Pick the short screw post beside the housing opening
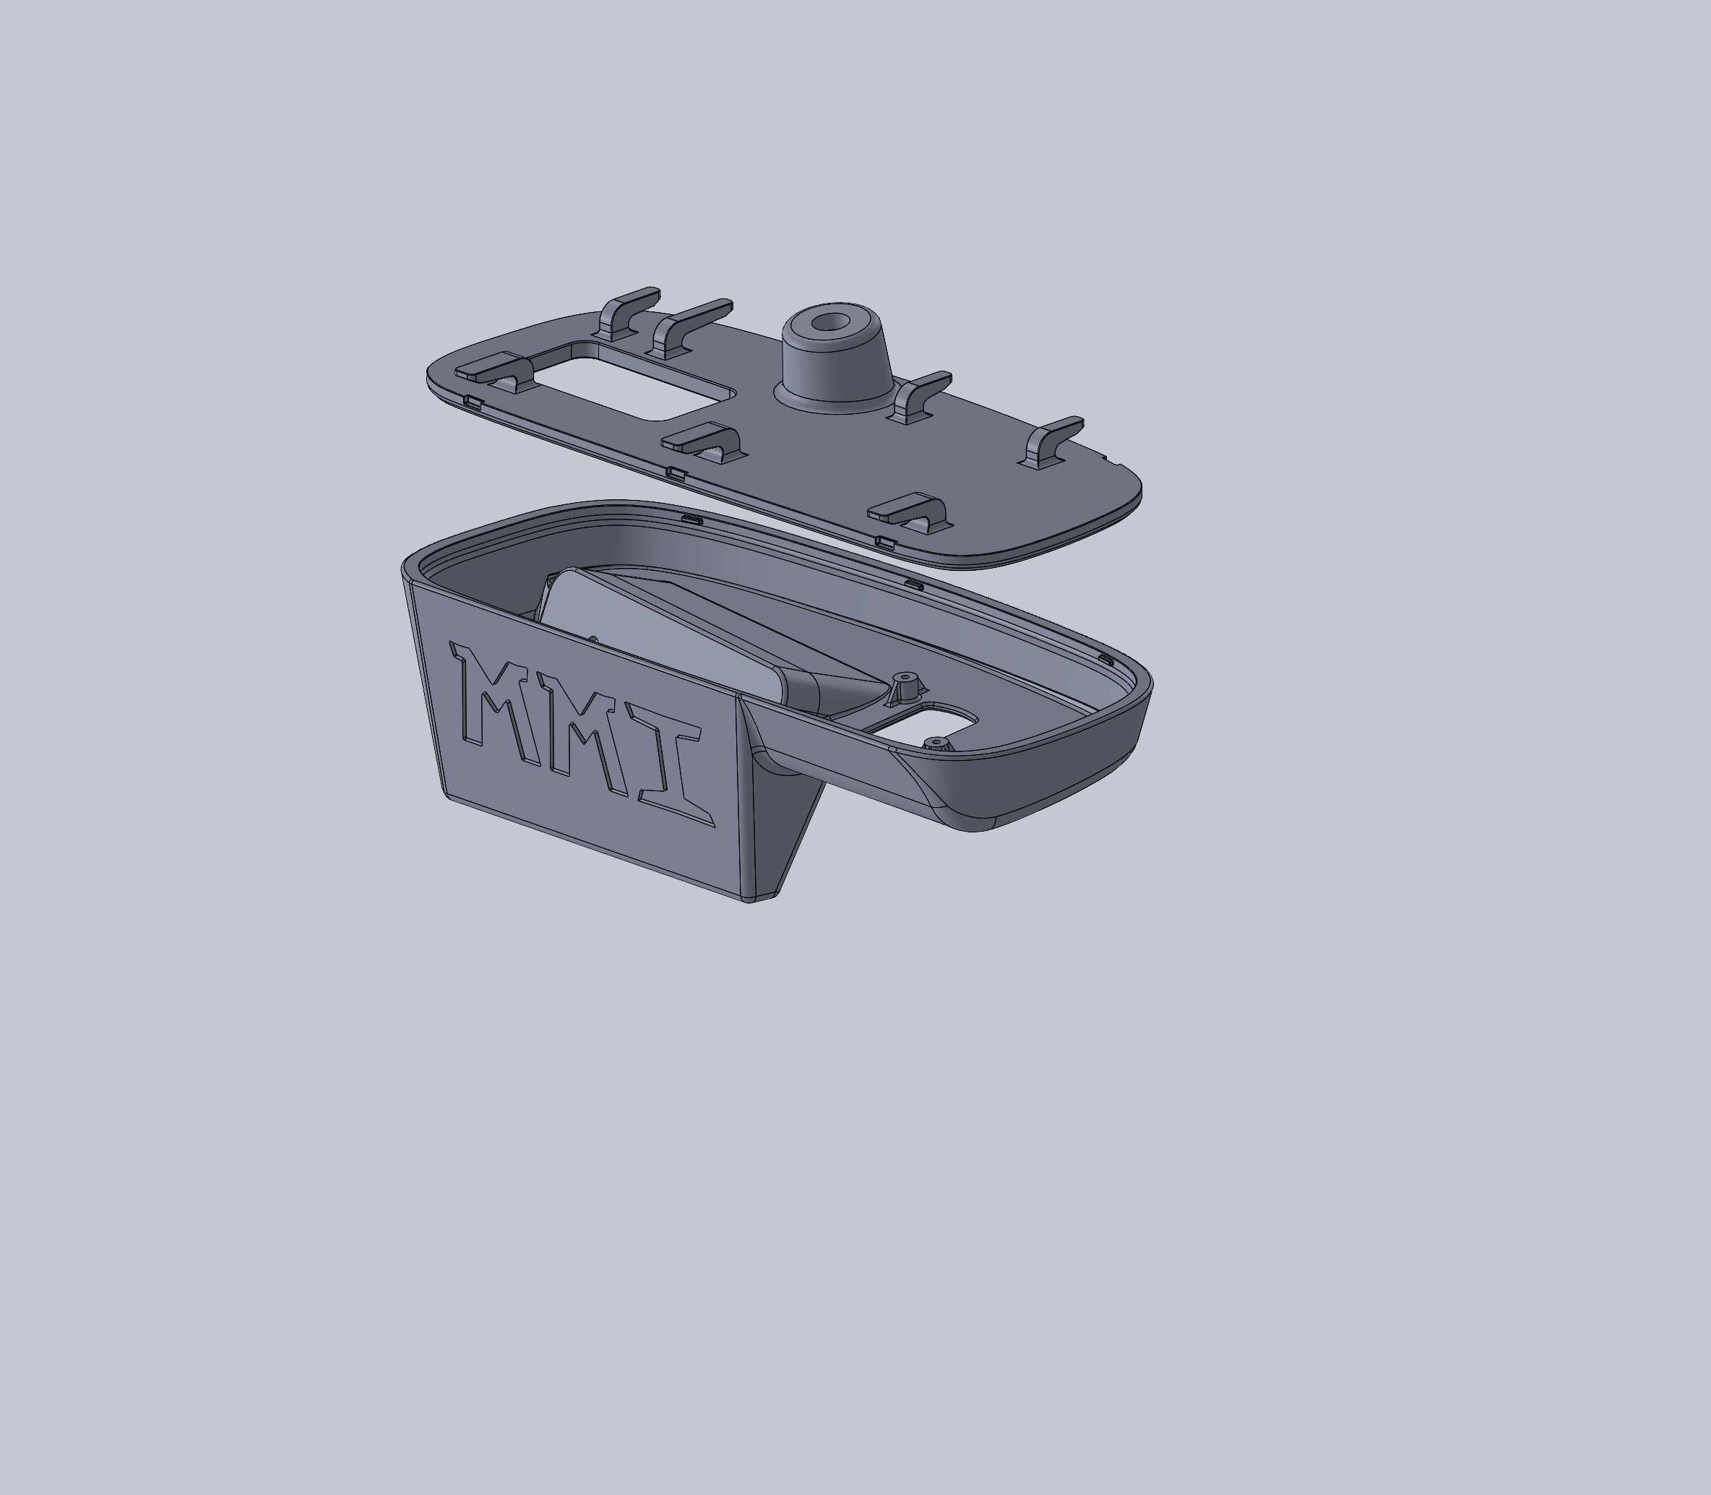click(935, 741)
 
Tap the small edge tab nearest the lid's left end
click(472, 404)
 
